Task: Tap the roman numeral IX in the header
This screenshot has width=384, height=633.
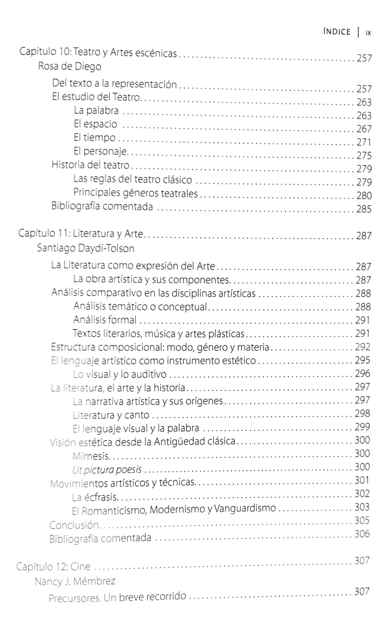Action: (x=368, y=33)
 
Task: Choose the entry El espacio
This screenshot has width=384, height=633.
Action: (x=95, y=125)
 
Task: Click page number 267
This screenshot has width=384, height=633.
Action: (x=364, y=128)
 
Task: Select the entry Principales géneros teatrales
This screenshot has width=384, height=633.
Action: (x=135, y=193)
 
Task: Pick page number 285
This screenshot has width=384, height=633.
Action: (x=364, y=209)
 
